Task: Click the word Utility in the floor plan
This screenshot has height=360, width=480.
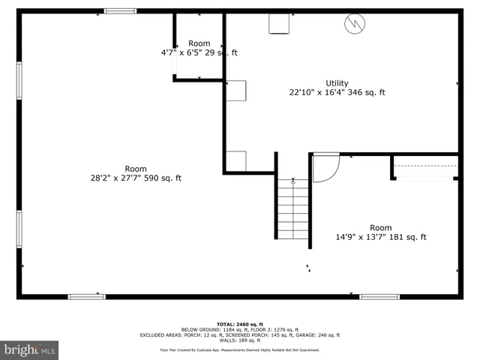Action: point(337,83)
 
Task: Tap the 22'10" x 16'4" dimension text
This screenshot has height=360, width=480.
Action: point(337,93)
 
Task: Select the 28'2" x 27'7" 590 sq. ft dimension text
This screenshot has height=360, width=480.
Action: point(136,178)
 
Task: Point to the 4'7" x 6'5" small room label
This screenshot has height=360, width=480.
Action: point(199,52)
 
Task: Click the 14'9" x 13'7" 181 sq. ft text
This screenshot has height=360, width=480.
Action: point(380,237)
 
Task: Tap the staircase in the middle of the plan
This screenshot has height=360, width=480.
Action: point(292,209)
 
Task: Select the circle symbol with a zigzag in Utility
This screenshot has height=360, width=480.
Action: point(352,24)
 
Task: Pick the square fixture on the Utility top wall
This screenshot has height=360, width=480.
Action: point(279,24)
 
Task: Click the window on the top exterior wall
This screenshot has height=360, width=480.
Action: point(120,11)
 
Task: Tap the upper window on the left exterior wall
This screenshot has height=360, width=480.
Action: point(19,80)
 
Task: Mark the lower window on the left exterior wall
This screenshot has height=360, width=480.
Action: point(19,229)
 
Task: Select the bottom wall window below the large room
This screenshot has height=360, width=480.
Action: point(87,296)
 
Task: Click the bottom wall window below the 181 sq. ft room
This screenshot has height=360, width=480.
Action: point(379,296)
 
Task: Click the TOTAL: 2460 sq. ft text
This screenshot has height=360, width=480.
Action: point(240,324)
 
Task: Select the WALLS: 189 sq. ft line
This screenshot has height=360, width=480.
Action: point(240,340)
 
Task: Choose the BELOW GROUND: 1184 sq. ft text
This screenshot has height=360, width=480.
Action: point(213,329)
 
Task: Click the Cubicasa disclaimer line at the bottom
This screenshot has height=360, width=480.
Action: point(240,349)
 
